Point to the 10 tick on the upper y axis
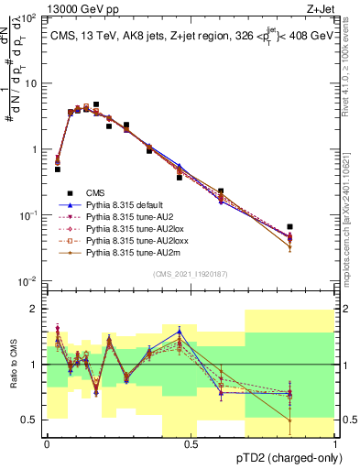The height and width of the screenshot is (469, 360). tap(33, 83)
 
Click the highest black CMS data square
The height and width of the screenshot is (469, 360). tap(95, 105)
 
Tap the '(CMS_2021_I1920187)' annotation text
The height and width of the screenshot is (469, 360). tap(191, 273)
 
